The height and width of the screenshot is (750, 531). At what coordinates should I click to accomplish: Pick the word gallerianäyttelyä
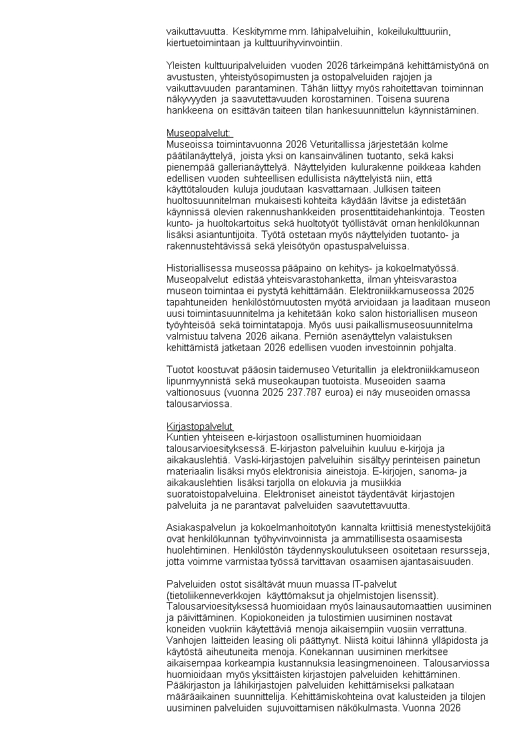[247, 166]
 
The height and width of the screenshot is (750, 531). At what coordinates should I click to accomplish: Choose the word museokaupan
[292, 382]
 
